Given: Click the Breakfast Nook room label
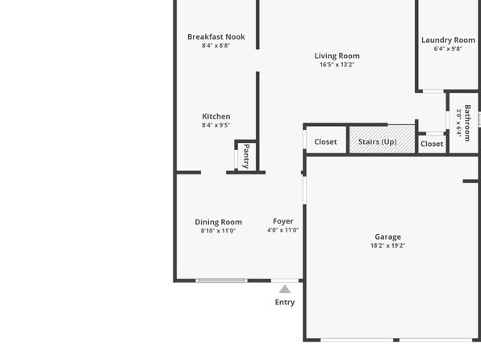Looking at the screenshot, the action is [216, 37].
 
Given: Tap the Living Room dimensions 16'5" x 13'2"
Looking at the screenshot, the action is [337, 65].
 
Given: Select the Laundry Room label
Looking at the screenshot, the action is [448, 40].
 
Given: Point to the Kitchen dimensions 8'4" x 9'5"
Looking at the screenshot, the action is [216, 125].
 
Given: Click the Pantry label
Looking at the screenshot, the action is [246, 157].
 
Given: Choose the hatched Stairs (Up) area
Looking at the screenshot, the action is [383, 139].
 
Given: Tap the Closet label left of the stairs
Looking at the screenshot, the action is [325, 142].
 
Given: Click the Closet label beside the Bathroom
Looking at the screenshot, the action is [432, 144].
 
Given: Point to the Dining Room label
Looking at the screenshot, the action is [219, 222].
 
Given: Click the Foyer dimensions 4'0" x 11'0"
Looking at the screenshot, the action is [282, 230].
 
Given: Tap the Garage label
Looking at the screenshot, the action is [387, 237].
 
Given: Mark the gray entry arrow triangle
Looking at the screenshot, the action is [285, 289].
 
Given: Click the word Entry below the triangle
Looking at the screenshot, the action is [285, 303].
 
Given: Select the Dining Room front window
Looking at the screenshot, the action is [221, 281].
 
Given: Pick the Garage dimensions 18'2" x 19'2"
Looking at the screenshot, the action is [387, 245].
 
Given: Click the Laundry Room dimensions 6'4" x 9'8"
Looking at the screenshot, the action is [448, 48].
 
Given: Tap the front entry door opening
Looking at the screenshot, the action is [285, 281].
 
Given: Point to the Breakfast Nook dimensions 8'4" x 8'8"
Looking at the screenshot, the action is [216, 45].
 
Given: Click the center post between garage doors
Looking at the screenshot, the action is [396, 340].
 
